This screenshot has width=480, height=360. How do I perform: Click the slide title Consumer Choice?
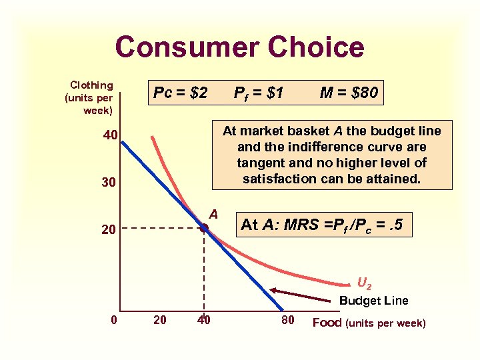pyautogui.click(x=239, y=47)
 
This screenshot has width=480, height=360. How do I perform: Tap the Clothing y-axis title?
pyautogui.click(x=91, y=97)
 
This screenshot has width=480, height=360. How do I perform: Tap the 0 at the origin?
pyautogui.click(x=114, y=320)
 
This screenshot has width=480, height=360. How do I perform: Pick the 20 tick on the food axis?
pyautogui.click(x=161, y=320)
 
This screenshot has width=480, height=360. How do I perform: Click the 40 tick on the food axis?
pyautogui.click(x=204, y=320)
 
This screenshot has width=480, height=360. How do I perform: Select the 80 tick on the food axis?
pyautogui.click(x=288, y=320)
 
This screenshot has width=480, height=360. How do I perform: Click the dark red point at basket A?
pyautogui.click(x=204, y=228)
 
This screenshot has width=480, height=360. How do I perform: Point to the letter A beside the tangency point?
pyautogui.click(x=213, y=214)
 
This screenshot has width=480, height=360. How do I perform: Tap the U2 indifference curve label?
pyautogui.click(x=365, y=283)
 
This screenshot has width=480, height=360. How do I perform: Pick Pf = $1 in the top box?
pyautogui.click(x=259, y=93)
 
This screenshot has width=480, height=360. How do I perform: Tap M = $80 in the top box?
pyautogui.click(x=348, y=93)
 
